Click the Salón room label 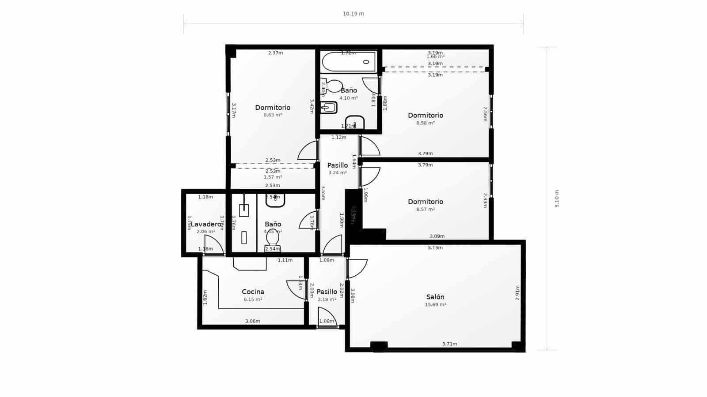pyautogui.click(x=435, y=297)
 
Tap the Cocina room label pyautogui.click(x=253, y=292)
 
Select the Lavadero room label pyautogui.click(x=205, y=224)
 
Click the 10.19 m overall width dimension pyautogui.click(x=353, y=14)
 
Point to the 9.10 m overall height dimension pyautogui.click(x=557, y=199)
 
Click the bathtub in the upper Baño pyautogui.click(x=348, y=62)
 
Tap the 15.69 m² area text pyautogui.click(x=435, y=305)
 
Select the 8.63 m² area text pyautogui.click(x=273, y=115)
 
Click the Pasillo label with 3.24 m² pyautogui.click(x=338, y=165)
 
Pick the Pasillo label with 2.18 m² pyautogui.click(x=327, y=292)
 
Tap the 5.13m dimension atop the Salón pyautogui.click(x=435, y=248)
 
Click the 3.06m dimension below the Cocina pyautogui.click(x=253, y=321)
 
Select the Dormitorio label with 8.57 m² pyautogui.click(x=426, y=202)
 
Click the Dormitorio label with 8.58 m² pyautogui.click(x=426, y=115)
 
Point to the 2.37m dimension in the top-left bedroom pyautogui.click(x=275, y=53)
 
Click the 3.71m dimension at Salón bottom pyautogui.click(x=449, y=344)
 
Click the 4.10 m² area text pyautogui.click(x=348, y=98)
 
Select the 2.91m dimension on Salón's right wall pyautogui.click(x=517, y=293)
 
